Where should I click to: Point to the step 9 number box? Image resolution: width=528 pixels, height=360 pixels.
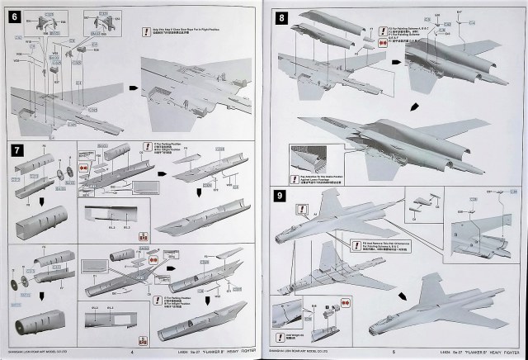point(281,197)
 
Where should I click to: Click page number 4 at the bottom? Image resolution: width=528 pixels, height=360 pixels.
point(132,350)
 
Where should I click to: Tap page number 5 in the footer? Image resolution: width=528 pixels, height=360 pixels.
point(395,350)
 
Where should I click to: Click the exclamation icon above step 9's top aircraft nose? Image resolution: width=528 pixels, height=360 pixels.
point(303,209)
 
